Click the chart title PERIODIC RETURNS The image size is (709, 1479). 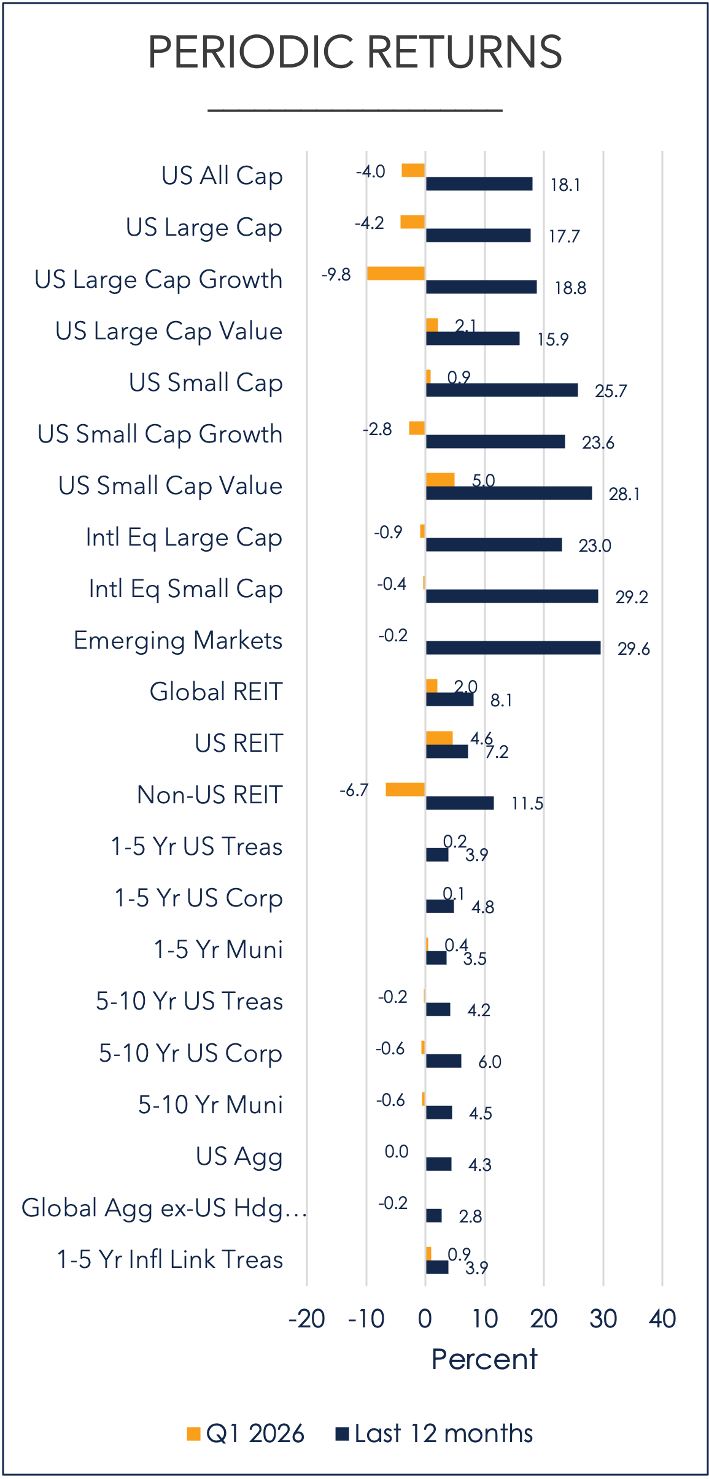pyautogui.click(x=355, y=52)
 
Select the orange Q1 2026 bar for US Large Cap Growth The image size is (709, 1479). pyautogui.click(x=396, y=274)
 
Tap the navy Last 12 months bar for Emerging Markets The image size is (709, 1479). pyautogui.click(x=513, y=647)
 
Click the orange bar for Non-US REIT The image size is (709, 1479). pyautogui.click(x=405, y=790)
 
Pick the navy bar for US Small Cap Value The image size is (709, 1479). pyautogui.click(x=509, y=493)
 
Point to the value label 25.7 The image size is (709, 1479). pyautogui.click(x=611, y=391)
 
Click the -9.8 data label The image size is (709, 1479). pyautogui.click(x=336, y=274)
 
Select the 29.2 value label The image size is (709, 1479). pyautogui.click(x=632, y=597)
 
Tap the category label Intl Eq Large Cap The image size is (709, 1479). pyautogui.click(x=184, y=538)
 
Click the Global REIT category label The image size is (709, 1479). pyautogui.click(x=216, y=692)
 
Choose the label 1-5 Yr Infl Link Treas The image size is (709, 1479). pyautogui.click(x=170, y=1259)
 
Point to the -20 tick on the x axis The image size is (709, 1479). pyautogui.click(x=307, y=1319)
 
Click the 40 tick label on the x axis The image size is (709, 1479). pyautogui.click(x=662, y=1319)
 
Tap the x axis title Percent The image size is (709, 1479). pyautogui.click(x=484, y=1359)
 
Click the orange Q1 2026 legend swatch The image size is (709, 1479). pyautogui.click(x=194, y=1434)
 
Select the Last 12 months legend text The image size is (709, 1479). pyautogui.click(x=443, y=1434)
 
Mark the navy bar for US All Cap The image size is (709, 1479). pyautogui.click(x=479, y=183)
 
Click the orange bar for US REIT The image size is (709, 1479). pyautogui.click(x=440, y=738)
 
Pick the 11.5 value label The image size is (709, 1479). pyautogui.click(x=527, y=803)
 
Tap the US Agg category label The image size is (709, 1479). pyautogui.click(x=239, y=1157)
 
